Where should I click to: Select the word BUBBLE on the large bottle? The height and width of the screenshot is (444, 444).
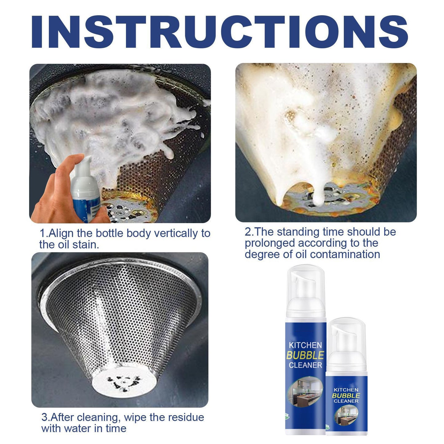pyautogui.click(x=305, y=355)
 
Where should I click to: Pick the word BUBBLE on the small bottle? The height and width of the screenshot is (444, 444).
pyautogui.click(x=346, y=395)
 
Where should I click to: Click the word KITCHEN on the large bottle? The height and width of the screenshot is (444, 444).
pyautogui.click(x=305, y=345)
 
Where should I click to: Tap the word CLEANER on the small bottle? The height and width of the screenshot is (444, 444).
pyautogui.click(x=346, y=401)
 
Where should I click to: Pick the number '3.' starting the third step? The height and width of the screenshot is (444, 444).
pyautogui.click(x=46, y=417)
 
